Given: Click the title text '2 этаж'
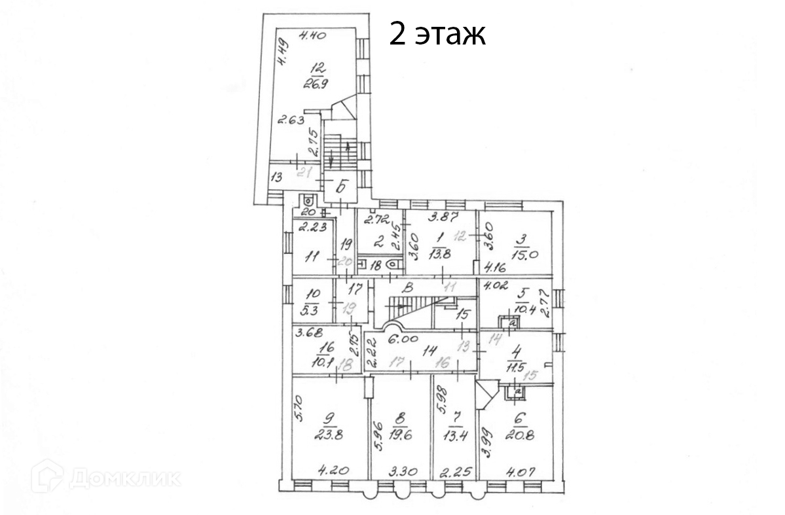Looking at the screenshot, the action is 437,33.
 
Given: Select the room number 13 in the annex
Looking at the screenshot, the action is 277,177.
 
